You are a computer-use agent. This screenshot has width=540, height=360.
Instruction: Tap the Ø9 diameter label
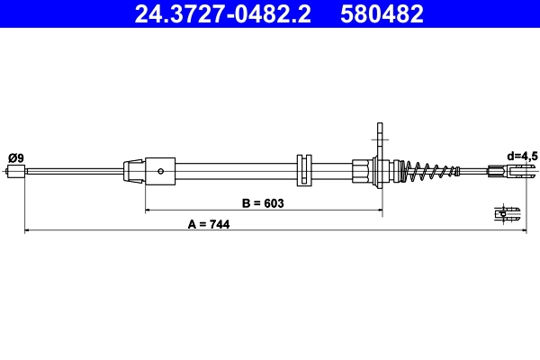[15, 157]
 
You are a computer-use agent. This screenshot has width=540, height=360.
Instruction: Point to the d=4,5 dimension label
[520, 156]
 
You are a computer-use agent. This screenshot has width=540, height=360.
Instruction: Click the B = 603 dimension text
[263, 203]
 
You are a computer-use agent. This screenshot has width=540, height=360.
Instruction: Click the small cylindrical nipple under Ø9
[15, 170]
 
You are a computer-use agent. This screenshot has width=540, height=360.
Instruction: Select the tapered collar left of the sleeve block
[133, 169]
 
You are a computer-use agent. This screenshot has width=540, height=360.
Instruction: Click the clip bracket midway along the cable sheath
[302, 170]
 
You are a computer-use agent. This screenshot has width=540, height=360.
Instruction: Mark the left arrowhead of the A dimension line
[27, 231]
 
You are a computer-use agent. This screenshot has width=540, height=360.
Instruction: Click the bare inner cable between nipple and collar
[72, 170]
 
